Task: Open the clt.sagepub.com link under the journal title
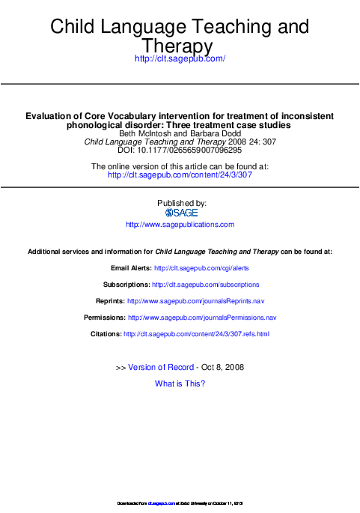[x=180, y=58]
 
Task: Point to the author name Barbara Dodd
[x=211, y=133]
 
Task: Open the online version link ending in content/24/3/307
[x=180, y=174]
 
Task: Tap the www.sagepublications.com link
[x=180, y=225]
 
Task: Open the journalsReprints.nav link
[x=196, y=301]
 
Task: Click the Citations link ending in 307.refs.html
[x=196, y=334]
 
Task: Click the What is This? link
[x=180, y=383]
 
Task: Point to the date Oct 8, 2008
[x=223, y=367]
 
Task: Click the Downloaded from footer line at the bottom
[x=180, y=502]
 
